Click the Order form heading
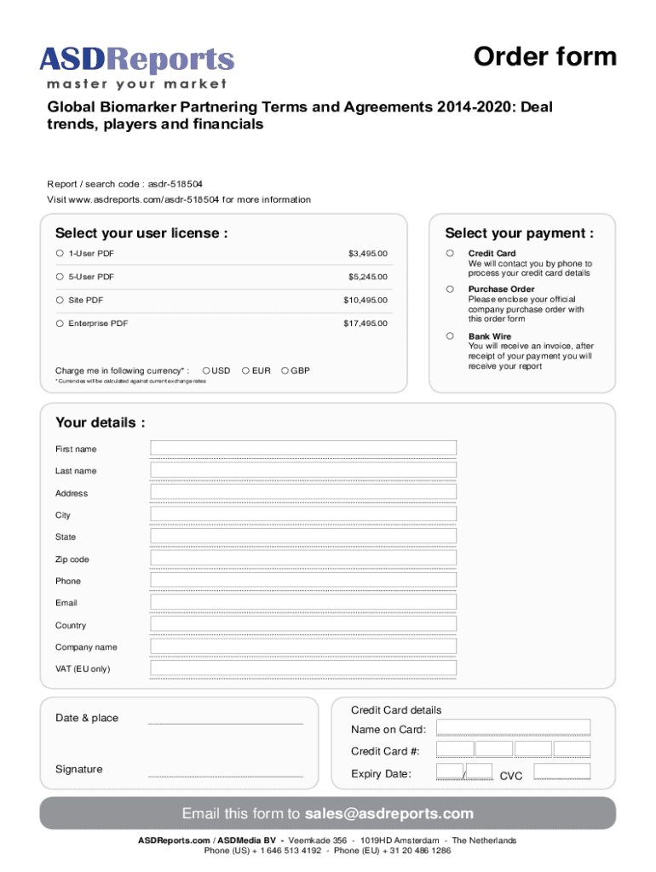click(544, 56)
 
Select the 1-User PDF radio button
click(60, 254)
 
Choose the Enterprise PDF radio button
click(60, 324)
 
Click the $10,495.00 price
click(365, 301)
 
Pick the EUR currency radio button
click(245, 370)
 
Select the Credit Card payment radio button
click(449, 254)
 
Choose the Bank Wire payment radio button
click(449, 336)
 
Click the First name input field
click(303, 448)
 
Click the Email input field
click(303, 602)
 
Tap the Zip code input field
click(303, 559)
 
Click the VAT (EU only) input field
click(303, 668)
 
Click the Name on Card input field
click(513, 728)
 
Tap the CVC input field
click(561, 772)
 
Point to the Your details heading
click(100, 422)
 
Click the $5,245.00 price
click(367, 277)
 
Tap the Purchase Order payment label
click(501, 290)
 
